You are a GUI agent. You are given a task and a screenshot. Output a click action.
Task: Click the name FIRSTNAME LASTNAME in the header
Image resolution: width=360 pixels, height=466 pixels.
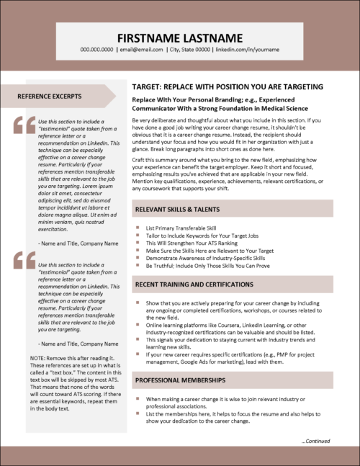[x=179, y=37]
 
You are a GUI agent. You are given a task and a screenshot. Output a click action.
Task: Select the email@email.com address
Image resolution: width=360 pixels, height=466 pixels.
[x=140, y=50]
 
